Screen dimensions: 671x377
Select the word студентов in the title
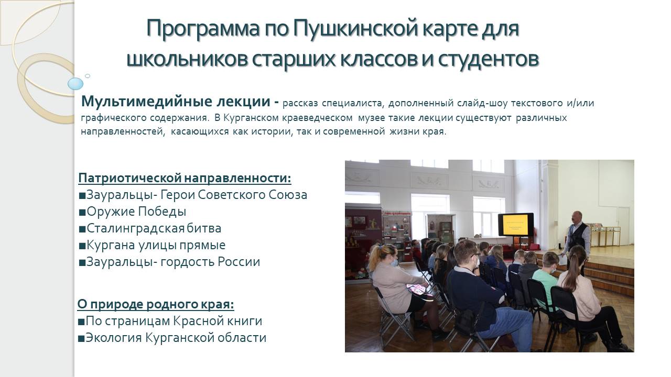[x=489, y=59]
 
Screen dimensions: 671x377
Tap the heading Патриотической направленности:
[x=185, y=179]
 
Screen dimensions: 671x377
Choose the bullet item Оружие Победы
[x=133, y=212]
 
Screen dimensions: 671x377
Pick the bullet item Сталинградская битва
[x=150, y=228]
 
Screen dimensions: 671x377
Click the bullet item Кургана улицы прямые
[x=152, y=245]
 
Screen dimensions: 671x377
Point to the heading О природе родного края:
[x=156, y=305]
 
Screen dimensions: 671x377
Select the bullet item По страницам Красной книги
[x=170, y=321]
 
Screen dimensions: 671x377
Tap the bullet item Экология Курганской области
[x=172, y=338]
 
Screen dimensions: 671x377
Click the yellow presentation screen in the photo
[x=515, y=225]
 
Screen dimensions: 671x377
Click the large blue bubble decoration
[x=75, y=83]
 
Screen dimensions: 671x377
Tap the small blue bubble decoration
[x=88, y=76]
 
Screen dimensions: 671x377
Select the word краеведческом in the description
[x=318, y=118]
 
